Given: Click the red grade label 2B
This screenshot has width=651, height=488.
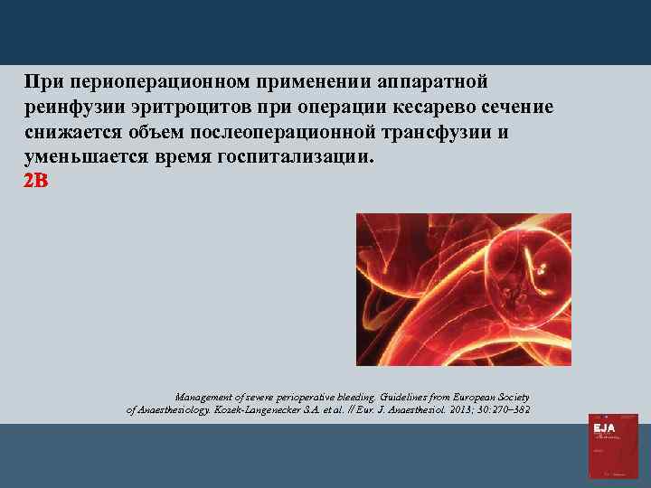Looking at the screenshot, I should tap(35, 181).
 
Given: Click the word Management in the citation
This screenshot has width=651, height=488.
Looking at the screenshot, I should tap(204, 397).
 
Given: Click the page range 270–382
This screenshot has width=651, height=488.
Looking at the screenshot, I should tap(509, 410).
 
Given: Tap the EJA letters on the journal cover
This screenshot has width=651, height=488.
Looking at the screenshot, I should tap(603, 427).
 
